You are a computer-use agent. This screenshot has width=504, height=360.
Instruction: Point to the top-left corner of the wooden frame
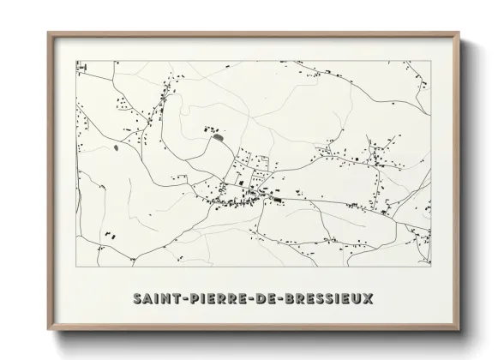coord(48,33)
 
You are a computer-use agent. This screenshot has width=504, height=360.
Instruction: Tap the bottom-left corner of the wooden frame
coord(48,330)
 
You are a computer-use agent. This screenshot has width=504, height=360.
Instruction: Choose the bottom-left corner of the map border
coord(76,266)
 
